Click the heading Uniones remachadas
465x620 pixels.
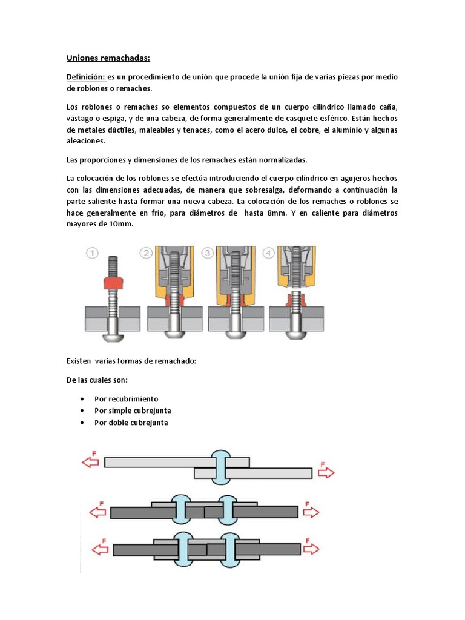[x=107, y=58]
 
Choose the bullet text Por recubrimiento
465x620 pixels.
[x=126, y=399]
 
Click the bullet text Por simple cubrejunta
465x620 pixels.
[x=133, y=411]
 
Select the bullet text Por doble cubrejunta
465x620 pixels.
[x=131, y=423]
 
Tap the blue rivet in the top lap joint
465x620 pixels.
[x=220, y=467]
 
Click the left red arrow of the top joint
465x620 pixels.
[x=91, y=462]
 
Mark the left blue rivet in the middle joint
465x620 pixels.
[x=180, y=509]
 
